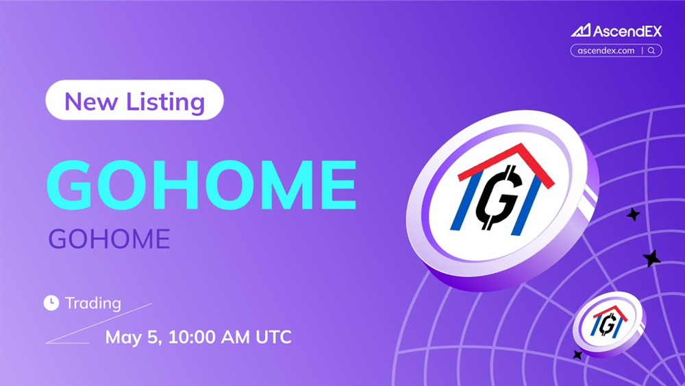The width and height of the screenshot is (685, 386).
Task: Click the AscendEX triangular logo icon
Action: point(581,31)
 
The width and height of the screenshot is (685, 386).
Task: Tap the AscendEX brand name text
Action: point(627,31)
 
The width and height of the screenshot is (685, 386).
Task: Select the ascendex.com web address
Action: point(606,51)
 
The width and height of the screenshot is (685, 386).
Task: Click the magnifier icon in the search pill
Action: point(651,51)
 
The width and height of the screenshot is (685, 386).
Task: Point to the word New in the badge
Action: point(91,101)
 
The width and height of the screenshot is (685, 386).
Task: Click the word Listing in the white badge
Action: point(166,102)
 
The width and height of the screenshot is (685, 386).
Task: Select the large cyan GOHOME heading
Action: point(201,185)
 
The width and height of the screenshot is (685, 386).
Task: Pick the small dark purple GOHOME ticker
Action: point(109,239)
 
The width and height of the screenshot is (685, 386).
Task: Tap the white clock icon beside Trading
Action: point(51,303)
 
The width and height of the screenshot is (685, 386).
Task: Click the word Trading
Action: point(93,303)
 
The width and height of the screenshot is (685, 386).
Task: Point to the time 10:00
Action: point(192,337)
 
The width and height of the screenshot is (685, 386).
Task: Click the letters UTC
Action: point(273,337)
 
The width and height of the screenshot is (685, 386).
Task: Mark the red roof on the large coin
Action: point(507,164)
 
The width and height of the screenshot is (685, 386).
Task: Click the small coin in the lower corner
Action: point(609,324)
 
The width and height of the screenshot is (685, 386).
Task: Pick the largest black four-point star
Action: point(652,258)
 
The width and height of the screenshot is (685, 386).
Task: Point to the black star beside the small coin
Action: point(577,355)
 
